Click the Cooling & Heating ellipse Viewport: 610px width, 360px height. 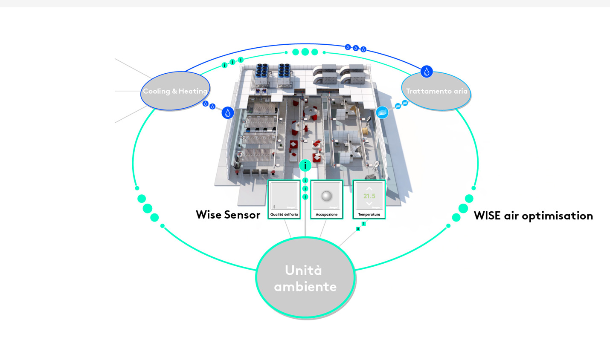(x=175, y=91)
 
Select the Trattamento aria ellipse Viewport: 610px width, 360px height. (x=436, y=91)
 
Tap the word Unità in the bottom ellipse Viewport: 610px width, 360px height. (x=303, y=270)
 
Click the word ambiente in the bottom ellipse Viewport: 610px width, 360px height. (x=305, y=287)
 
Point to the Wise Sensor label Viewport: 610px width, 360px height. (x=228, y=215)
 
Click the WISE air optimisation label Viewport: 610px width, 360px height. (x=533, y=216)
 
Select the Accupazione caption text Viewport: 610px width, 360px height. (x=326, y=215)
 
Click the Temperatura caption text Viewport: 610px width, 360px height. (x=369, y=215)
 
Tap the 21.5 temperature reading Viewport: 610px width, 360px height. (x=369, y=196)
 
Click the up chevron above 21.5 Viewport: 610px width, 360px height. (x=369, y=188)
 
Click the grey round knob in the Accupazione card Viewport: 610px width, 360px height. (x=326, y=196)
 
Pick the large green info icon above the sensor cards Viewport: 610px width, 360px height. (x=305, y=165)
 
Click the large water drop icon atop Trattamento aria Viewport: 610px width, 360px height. (x=427, y=72)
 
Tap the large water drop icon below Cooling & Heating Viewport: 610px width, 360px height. (x=228, y=113)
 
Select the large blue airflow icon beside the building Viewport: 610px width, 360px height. (x=382, y=112)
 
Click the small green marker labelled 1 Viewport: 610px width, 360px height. (x=363, y=224)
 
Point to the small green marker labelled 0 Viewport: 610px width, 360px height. (x=358, y=229)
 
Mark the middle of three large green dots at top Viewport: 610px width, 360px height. (x=305, y=52)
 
